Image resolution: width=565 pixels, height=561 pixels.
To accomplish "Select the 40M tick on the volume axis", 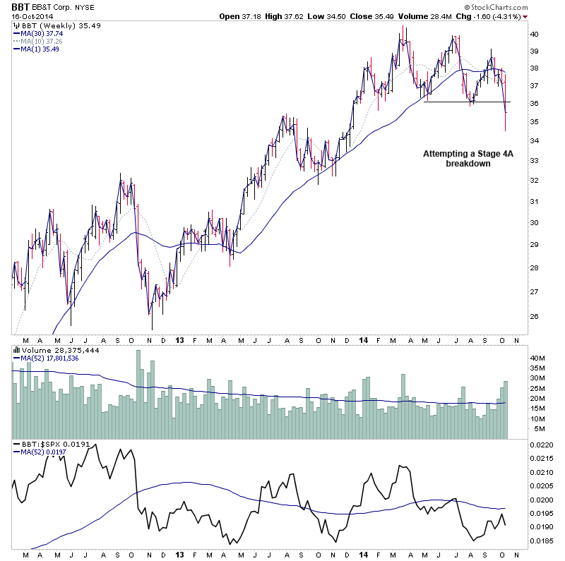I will pos(538,358).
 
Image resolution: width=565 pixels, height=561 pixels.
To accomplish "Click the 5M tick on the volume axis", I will pos(536,428).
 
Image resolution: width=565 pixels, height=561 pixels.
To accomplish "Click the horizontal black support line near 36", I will pos(466,102).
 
